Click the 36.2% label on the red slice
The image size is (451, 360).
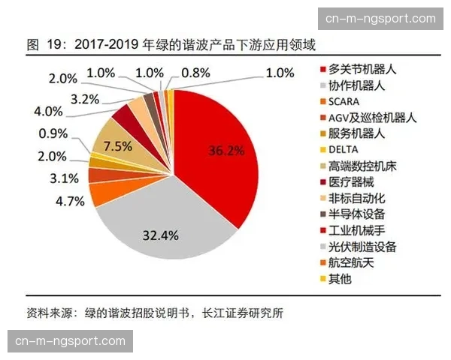[226, 150]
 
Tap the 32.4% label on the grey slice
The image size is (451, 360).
[159, 235]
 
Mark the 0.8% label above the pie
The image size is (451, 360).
[196, 73]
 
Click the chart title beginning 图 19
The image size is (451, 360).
[159, 46]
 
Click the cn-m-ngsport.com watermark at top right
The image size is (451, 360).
[380, 19]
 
